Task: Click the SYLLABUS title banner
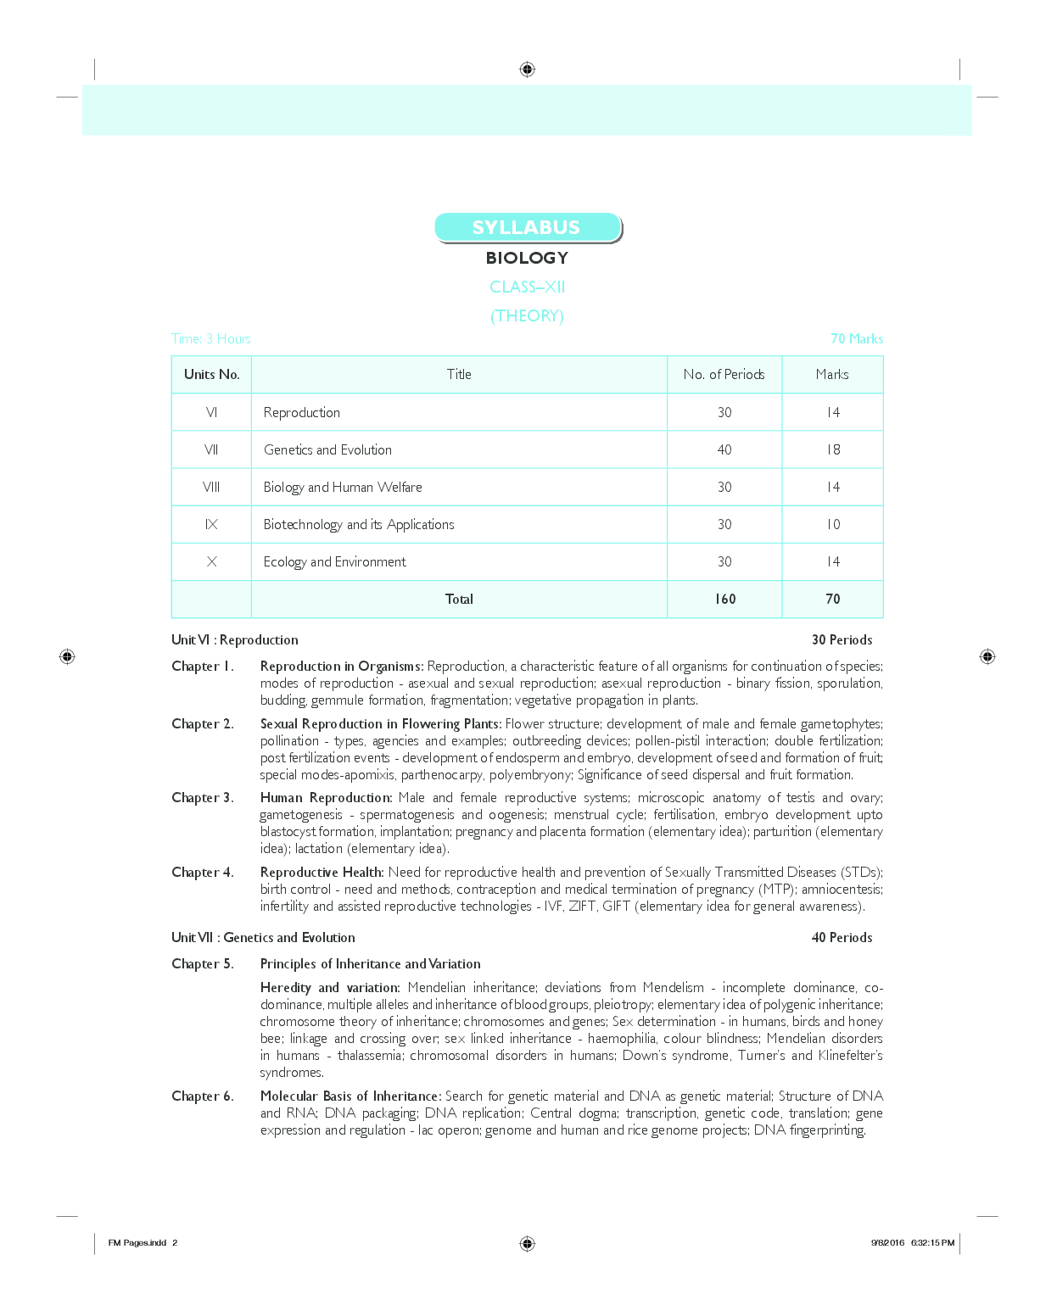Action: (527, 227)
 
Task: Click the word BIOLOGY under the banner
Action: (527, 258)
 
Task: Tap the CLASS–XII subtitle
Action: (527, 287)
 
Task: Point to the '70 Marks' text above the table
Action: (856, 338)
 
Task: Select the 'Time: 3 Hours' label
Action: (211, 338)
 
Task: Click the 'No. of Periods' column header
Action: (724, 374)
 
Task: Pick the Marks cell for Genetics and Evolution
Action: (832, 449)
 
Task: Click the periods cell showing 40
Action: (724, 449)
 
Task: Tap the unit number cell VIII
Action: (211, 487)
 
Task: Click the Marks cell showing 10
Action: (832, 524)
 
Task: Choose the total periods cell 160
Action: (724, 599)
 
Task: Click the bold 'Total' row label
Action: (459, 599)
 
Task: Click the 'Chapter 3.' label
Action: (202, 797)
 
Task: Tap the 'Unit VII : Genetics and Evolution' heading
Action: (263, 937)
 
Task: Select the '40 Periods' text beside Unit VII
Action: (842, 937)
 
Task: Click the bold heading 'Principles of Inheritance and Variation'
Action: (370, 963)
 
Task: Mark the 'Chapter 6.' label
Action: (202, 1096)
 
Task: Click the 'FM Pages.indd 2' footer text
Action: (143, 1242)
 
